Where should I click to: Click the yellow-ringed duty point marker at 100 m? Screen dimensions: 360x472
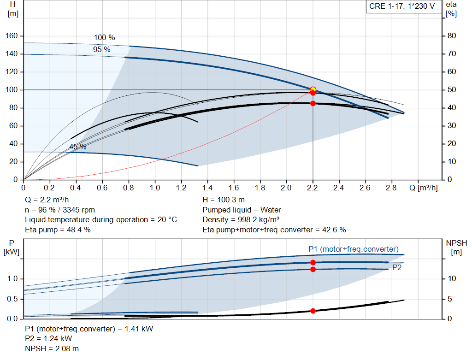tap(313, 89)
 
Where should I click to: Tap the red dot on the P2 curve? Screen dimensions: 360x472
tap(313, 269)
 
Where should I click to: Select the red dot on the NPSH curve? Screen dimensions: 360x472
tap(313, 311)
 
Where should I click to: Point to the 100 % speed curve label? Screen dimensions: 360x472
tap(105, 37)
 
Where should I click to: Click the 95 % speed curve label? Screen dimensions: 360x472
tap(102, 49)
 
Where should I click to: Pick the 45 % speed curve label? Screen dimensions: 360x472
tap(78, 147)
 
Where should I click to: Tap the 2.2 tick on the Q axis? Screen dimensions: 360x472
tap(313, 188)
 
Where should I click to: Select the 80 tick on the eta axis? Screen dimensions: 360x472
tap(452, 36)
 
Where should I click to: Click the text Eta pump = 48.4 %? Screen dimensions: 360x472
tap(58, 230)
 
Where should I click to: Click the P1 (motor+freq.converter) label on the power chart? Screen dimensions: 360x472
tap(354, 249)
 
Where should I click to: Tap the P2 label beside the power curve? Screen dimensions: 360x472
tap(397, 267)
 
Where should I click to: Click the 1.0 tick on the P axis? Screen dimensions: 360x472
tap(12, 279)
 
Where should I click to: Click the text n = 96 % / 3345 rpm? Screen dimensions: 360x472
tap(60, 210)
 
